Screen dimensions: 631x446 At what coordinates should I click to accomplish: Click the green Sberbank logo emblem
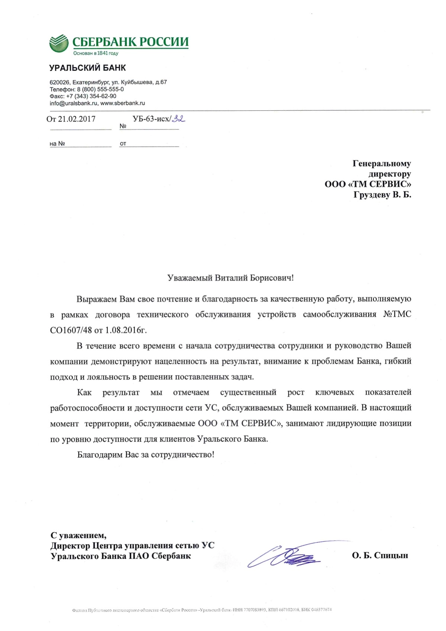tap(59, 43)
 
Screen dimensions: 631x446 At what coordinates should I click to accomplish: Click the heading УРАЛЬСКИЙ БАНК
tap(87, 68)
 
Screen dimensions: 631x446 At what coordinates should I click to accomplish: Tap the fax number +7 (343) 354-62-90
tap(91, 96)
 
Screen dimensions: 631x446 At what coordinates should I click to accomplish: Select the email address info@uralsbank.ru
tap(74, 103)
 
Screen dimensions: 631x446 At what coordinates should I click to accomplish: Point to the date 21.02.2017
tap(77, 119)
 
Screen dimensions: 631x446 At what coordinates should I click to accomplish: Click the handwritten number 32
tap(178, 119)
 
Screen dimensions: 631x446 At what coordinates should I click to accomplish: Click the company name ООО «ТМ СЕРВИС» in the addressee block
tap(368, 184)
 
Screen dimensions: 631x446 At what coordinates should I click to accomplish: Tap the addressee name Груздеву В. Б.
tap(382, 194)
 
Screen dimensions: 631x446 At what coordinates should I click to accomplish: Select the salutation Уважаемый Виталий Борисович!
tap(230, 278)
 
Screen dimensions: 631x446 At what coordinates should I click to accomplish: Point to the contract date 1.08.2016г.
tap(126, 330)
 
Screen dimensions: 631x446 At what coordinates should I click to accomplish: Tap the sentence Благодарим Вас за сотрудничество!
tap(146, 455)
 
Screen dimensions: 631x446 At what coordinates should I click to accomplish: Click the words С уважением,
tap(78, 535)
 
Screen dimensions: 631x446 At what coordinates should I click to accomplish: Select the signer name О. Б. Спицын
tap(380, 556)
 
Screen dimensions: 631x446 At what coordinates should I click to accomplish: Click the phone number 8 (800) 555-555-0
tap(100, 89)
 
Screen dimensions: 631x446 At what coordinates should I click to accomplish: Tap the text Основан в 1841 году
tap(96, 53)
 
